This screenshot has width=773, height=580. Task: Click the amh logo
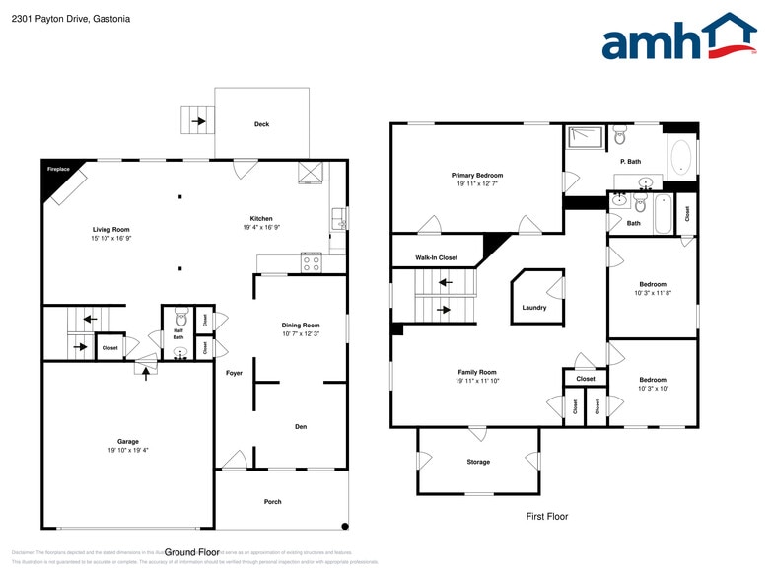point(679,38)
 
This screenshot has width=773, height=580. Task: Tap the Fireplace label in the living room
point(59,170)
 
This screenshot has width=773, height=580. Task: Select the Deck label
point(261,124)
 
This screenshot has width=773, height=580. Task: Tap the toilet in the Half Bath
point(179,318)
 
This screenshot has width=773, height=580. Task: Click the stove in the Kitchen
point(311,263)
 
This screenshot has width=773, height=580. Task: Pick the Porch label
point(273,502)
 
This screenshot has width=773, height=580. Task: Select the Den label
point(301,427)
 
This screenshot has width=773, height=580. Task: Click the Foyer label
point(234,373)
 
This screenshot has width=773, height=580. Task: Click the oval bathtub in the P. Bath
point(680,158)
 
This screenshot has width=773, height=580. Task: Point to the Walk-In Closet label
point(437,257)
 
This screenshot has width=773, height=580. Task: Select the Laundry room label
point(534,308)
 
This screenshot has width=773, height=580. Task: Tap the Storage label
point(478,462)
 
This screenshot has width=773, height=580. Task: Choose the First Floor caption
point(546,516)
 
